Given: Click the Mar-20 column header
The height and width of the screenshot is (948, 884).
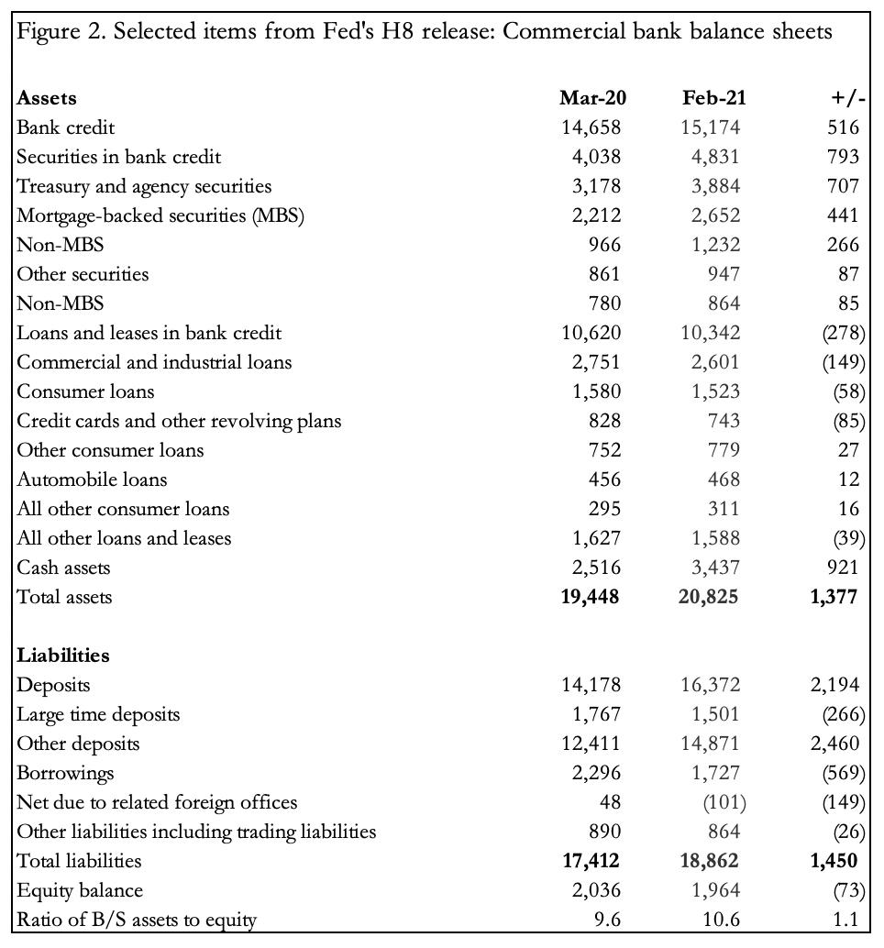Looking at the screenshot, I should pos(592,98).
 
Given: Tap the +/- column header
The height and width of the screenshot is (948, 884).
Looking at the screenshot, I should pos(848,98).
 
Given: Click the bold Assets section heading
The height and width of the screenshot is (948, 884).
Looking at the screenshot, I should pos(47,98).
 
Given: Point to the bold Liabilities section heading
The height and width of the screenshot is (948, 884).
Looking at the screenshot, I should pos(63,656).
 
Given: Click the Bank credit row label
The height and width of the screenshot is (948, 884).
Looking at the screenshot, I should pos(66,127).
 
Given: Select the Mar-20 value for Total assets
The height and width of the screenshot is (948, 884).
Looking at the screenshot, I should pos(590,597).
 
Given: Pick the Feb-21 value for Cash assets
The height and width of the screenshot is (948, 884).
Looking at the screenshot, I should pos(714,568).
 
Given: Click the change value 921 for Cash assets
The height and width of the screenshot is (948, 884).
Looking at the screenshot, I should pos(843,568).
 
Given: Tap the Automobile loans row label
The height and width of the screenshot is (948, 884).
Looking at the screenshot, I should pos(92,480).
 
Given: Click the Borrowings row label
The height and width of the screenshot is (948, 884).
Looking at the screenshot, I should pos(65,773).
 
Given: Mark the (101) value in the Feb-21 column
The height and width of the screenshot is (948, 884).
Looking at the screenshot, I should pos(724,802).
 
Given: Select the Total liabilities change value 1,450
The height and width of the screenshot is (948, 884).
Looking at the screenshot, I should pos(834,861).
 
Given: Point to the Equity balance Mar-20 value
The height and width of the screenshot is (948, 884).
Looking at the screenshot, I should pos(596,890).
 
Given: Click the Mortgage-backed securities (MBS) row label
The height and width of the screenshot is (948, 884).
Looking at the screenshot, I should pos(160,215).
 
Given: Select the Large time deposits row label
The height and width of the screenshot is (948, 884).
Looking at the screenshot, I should pos(98,714).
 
